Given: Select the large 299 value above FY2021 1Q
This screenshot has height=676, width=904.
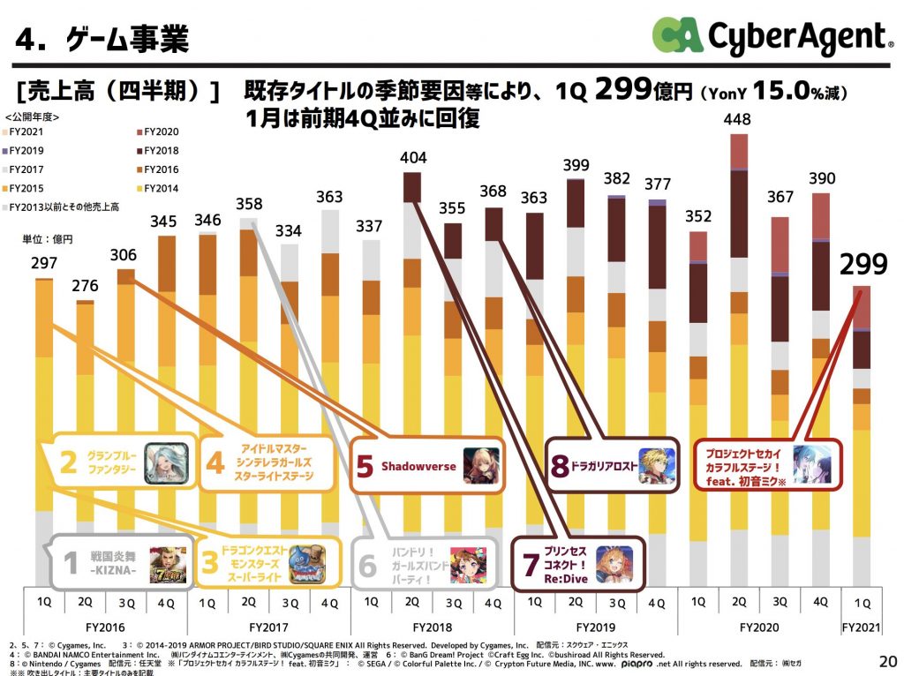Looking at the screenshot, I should (x=864, y=265).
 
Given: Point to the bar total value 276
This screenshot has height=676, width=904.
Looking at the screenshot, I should (x=86, y=287).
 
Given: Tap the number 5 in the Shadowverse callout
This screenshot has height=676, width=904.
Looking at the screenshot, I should (x=365, y=466).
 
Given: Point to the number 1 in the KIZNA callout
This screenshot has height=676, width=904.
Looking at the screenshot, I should (x=70, y=564).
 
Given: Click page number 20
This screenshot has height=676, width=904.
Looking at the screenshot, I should (x=886, y=659).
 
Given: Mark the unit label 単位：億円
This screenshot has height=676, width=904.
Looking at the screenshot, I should (x=47, y=239).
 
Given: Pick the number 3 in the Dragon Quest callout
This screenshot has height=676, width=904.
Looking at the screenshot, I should (x=211, y=564).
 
